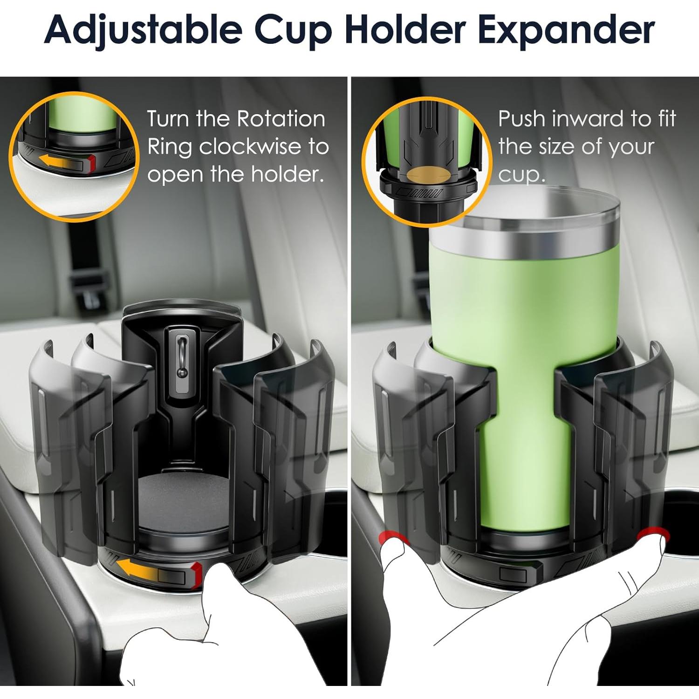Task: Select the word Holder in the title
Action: coord(405,30)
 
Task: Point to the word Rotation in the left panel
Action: coord(281,119)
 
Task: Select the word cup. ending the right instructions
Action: coord(521,176)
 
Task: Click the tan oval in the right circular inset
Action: coord(429,174)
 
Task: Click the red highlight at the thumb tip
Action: coord(391,538)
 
